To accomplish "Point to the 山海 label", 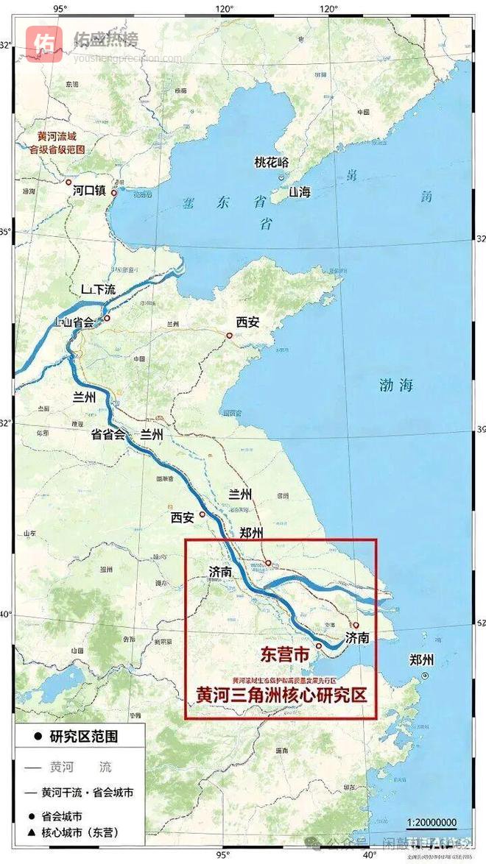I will click(x=300, y=191).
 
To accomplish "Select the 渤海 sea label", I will click(x=395, y=385).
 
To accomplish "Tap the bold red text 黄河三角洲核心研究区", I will click(x=281, y=694).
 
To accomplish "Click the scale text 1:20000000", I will click(x=432, y=822).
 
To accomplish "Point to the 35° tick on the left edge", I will click(x=6, y=233).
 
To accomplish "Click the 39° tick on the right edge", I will click(x=480, y=430).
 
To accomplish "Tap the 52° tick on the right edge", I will click(x=480, y=623).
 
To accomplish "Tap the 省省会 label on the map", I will click(x=108, y=434).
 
